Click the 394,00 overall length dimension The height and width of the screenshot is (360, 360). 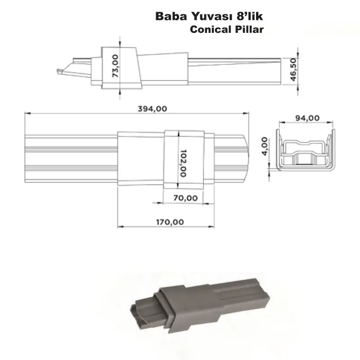(x=153, y=108)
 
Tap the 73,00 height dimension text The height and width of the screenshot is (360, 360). (x=116, y=66)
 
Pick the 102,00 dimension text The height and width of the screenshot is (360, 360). (x=182, y=163)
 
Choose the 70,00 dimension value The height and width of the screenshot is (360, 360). (x=184, y=198)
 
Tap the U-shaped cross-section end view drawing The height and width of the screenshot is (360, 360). (x=306, y=151)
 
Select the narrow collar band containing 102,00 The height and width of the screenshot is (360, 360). (x=172, y=159)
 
